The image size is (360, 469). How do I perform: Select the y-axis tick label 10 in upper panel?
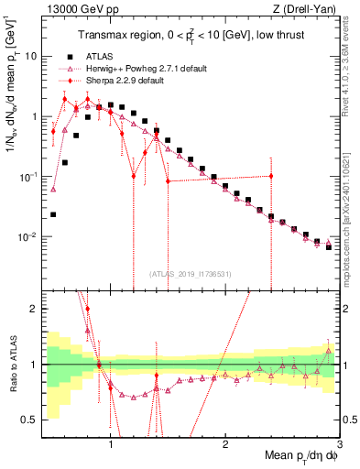pos(29,56)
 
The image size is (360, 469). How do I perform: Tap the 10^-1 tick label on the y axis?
pos(27,177)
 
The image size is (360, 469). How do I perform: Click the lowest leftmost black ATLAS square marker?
pos(53,215)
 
